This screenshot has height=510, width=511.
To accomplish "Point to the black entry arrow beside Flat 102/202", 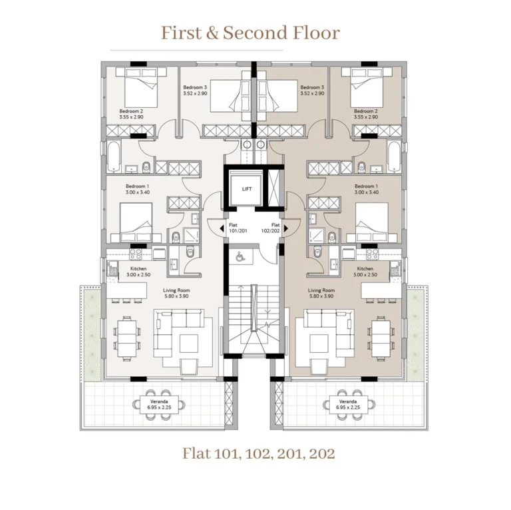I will click(286, 228).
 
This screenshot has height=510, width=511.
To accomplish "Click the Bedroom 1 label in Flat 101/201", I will click(138, 189).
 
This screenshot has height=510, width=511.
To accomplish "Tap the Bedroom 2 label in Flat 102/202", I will click(366, 114).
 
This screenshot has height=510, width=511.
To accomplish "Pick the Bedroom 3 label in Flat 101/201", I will click(195, 91).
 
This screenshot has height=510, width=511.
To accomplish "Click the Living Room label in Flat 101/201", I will click(176, 294).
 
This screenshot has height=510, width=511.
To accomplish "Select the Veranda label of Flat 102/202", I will click(348, 404).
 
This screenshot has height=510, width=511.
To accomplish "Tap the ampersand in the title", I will click(214, 33).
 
